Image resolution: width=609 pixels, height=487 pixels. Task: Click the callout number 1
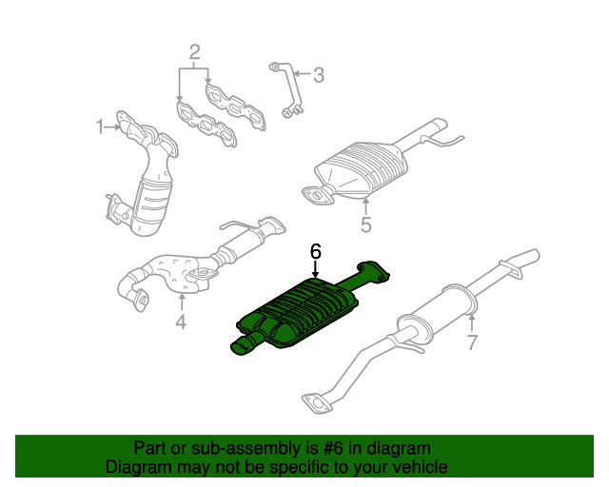[x=99, y=126]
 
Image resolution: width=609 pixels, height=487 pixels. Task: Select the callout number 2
[x=193, y=52]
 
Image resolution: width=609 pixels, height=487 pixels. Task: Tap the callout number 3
[x=319, y=73]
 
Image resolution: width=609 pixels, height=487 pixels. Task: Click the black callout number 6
[x=315, y=251]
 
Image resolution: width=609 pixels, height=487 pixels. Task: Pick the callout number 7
[x=471, y=342]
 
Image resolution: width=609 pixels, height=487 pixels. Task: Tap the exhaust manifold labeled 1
[x=145, y=176]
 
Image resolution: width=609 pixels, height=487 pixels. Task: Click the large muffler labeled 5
[x=366, y=166]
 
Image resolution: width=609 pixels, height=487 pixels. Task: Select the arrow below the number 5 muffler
[x=365, y=205]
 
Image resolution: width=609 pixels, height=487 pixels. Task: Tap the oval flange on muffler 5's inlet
[x=315, y=195]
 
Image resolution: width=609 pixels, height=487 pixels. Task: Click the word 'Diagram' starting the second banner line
[x=137, y=467]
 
